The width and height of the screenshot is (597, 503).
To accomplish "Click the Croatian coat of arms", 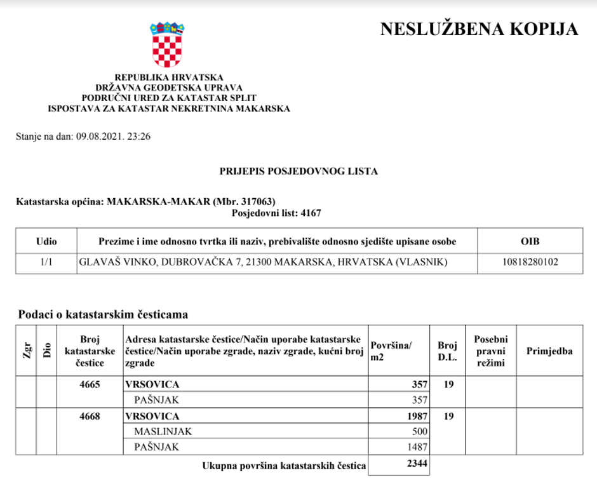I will (167, 45).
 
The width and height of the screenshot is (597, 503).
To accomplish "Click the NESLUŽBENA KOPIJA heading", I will (479, 29).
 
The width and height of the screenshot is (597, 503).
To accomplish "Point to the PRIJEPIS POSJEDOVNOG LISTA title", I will (298, 171).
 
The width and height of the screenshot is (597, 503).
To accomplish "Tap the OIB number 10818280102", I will (530, 261).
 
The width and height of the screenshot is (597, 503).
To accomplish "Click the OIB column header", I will (530, 241).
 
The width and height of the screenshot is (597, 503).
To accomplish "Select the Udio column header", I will (46, 241).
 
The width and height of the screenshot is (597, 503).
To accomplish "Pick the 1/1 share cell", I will (46, 261).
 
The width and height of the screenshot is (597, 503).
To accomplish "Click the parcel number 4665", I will (90, 384).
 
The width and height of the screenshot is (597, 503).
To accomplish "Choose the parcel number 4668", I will (90, 416).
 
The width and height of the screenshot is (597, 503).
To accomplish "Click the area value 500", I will (420, 431).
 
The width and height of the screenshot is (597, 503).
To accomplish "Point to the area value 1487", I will (418, 446).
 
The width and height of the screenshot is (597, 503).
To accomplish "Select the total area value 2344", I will (417, 465).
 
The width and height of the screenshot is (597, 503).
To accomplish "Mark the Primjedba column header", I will (549, 351).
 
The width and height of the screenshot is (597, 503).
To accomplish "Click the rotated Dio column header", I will (47, 351).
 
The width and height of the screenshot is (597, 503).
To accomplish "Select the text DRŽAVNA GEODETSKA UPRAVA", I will (169, 88).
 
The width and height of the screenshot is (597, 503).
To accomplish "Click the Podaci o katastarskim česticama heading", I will (103, 314).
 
